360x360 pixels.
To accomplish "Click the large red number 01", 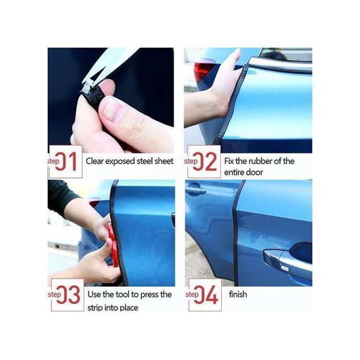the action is pyautogui.click(x=66, y=161).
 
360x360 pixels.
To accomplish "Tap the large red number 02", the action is pyautogui.click(x=205, y=161).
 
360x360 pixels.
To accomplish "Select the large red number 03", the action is pyautogui.click(x=68, y=295).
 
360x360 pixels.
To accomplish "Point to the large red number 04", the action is pyautogui.click(x=206, y=295).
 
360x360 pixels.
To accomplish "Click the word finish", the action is pyautogui.click(x=238, y=294).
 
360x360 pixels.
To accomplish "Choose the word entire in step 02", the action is pyautogui.click(x=234, y=172).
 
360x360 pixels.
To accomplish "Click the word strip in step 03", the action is pyautogui.click(x=95, y=308).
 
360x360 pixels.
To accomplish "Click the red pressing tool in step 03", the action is pyautogui.click(x=114, y=245).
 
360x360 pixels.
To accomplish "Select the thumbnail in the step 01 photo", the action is pyautogui.click(x=114, y=110).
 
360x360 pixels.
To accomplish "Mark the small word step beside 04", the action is pyautogui.click(x=192, y=294).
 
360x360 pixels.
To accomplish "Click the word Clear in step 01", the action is pyautogui.click(x=94, y=161).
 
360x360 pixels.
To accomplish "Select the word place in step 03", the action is pyautogui.click(x=129, y=308).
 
